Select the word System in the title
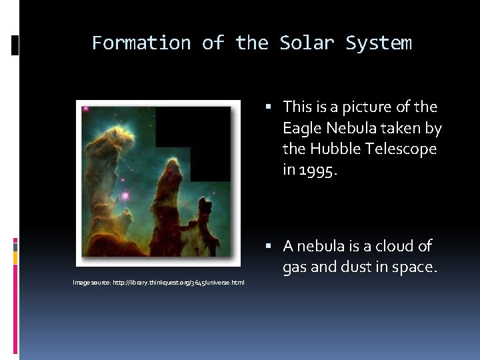[x=379, y=43]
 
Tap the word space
[x=415, y=267]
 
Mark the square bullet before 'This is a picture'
[x=267, y=107]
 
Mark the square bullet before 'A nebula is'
[x=267, y=247]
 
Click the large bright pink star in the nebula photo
[x=124, y=196]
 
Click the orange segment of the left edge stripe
[x=15, y=257]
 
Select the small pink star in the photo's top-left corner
[x=85, y=109]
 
